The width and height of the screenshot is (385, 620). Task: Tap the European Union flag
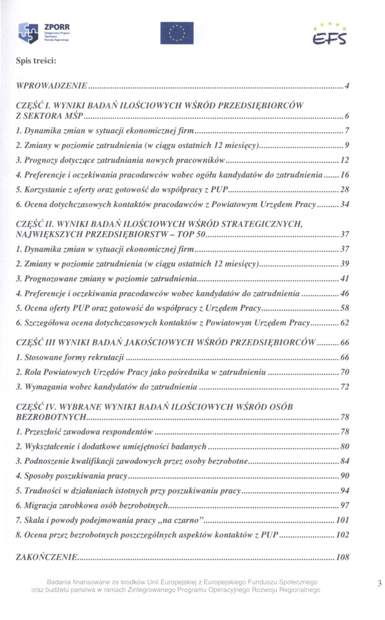point(176,33)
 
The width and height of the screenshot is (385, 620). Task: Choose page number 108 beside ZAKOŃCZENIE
point(343,557)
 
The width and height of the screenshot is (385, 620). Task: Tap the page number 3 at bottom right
point(378,583)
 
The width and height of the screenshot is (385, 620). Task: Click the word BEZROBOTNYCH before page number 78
point(50,417)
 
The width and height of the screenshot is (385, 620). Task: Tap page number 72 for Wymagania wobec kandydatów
point(345,387)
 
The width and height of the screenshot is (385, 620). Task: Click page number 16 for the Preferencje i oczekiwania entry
point(345,174)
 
